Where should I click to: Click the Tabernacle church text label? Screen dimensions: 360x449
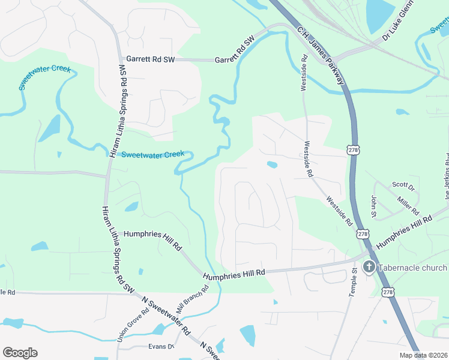click(x=414, y=268)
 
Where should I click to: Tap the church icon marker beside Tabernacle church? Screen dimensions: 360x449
click(x=369, y=268)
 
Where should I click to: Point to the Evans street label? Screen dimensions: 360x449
click(x=160, y=346)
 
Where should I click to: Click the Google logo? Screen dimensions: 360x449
click(x=20, y=353)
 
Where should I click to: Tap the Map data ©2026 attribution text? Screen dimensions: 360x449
click(x=424, y=355)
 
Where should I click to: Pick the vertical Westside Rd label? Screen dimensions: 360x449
click(x=304, y=73)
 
